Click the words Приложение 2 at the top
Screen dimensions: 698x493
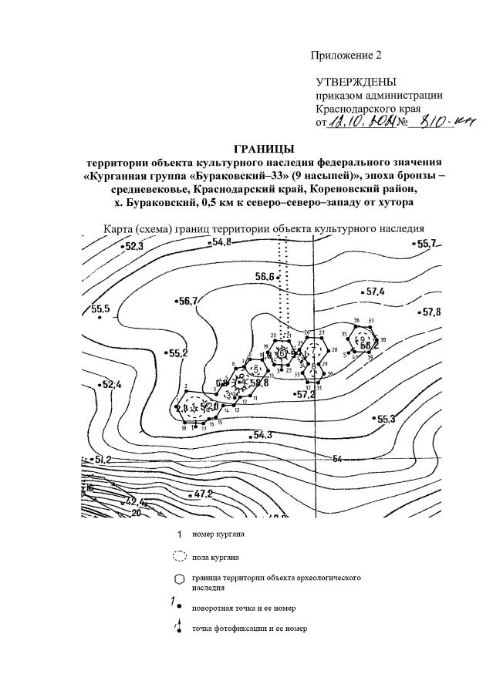[x=346, y=55]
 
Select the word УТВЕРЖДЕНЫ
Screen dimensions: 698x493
[x=356, y=82]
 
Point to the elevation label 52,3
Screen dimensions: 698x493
[x=134, y=247]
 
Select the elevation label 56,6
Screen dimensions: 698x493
[x=266, y=277]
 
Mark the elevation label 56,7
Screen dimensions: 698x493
[x=187, y=300]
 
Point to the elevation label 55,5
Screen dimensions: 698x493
[x=100, y=309]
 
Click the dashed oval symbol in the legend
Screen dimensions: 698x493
[x=179, y=556]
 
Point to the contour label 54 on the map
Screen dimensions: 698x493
[x=336, y=459]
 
